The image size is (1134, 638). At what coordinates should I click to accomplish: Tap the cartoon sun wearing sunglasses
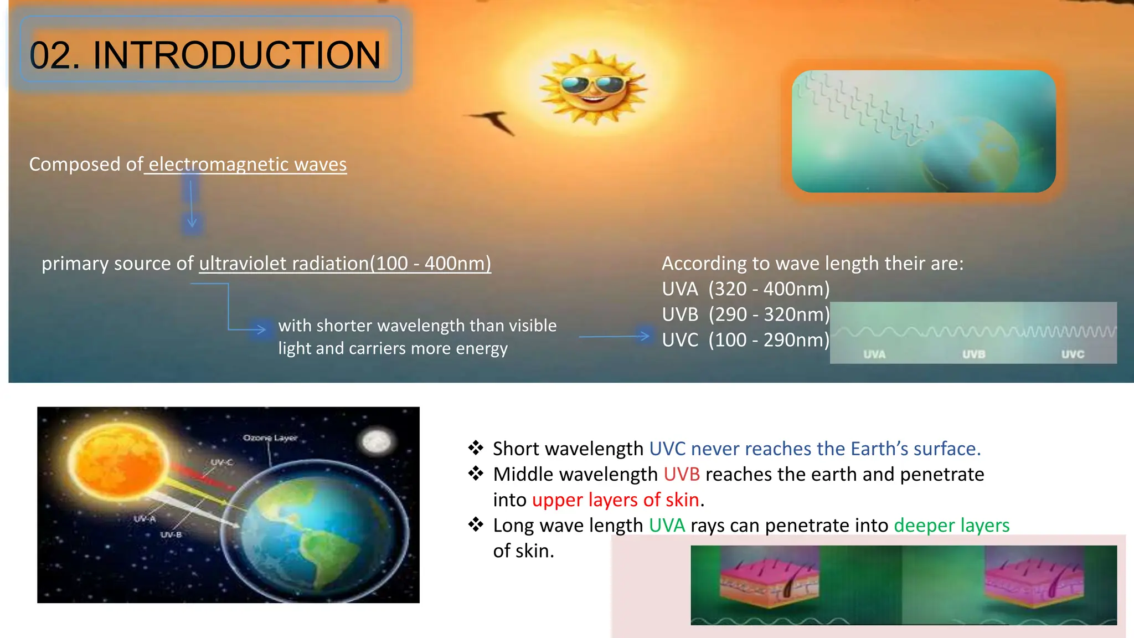tap(594, 88)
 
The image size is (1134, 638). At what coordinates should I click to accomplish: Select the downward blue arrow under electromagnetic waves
tap(192, 205)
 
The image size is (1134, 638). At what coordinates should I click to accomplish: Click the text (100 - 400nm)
tap(430, 264)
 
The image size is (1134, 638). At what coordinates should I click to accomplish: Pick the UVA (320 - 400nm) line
tap(745, 289)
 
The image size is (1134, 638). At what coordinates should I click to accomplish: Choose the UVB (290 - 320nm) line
tap(745, 315)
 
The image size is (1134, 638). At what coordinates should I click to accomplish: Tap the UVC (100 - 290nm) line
tap(745, 340)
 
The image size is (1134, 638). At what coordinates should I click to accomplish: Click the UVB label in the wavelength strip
tap(973, 354)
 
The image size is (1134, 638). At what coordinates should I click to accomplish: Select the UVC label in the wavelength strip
tap(1073, 354)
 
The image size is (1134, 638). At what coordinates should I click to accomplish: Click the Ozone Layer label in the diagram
tap(270, 438)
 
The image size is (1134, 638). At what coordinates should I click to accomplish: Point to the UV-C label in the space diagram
tap(221, 462)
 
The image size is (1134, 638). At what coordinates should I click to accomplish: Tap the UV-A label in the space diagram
tap(145, 519)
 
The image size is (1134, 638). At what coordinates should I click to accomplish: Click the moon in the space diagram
tap(377, 441)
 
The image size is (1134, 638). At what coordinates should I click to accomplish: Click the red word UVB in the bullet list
tap(682, 475)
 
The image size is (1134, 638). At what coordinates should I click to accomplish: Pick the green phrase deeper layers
tap(951, 526)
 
